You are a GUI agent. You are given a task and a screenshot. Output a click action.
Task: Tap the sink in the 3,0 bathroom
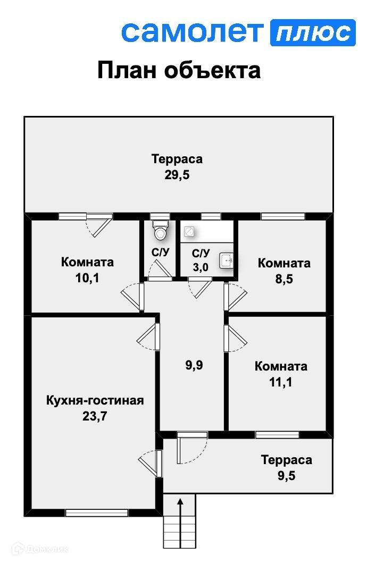coord(228,260)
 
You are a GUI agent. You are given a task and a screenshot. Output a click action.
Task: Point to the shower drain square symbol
coord(188,231)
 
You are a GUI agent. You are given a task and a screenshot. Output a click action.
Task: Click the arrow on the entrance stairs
coord(180,510)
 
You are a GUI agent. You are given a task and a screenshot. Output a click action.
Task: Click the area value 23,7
coord(95,416)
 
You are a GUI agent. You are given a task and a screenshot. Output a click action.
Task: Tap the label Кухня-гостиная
coord(95,400)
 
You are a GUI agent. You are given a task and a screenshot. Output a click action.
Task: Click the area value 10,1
coord(87,278)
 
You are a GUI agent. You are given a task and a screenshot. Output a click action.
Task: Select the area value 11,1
coord(281,382)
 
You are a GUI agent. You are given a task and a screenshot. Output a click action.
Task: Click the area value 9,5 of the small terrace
coord(286,475)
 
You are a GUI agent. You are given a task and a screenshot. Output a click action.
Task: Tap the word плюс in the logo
coord(313,32)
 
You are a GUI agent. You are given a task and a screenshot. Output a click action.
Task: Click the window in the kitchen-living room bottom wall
coord(96,513)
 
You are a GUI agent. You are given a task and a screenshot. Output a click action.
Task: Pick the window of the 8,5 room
coord(282,216)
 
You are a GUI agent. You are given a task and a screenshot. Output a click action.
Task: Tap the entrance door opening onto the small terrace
coord(192,435)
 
